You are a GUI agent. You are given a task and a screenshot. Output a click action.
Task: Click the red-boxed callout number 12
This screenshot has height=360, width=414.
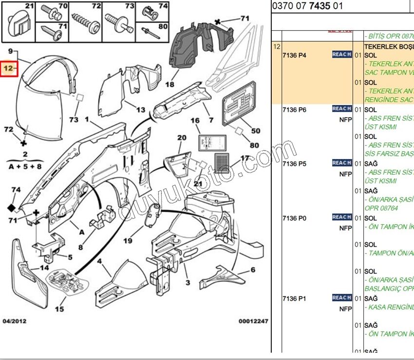tap(8, 69)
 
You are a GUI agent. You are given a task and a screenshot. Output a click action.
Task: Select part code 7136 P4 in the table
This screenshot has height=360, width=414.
tap(294, 55)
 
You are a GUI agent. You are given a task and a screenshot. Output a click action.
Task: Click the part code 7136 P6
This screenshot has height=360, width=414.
tap(294, 110)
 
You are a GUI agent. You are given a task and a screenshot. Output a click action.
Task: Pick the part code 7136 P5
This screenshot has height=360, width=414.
tap(294, 164)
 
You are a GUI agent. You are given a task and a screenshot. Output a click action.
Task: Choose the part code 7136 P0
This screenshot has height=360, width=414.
tap(294, 218)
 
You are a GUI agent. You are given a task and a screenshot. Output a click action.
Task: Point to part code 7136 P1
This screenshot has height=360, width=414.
tap(294, 298)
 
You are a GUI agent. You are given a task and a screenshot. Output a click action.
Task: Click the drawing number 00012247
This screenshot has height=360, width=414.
tap(253, 321)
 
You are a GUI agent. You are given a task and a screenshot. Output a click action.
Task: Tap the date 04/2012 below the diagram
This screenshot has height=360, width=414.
tap(15, 321)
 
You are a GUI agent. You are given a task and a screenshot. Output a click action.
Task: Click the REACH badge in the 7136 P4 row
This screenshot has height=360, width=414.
tap(342, 54)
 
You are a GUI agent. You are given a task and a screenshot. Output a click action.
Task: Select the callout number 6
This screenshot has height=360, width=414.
tap(253, 270)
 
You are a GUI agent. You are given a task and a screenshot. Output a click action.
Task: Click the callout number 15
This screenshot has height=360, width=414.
tap(59, 309)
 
